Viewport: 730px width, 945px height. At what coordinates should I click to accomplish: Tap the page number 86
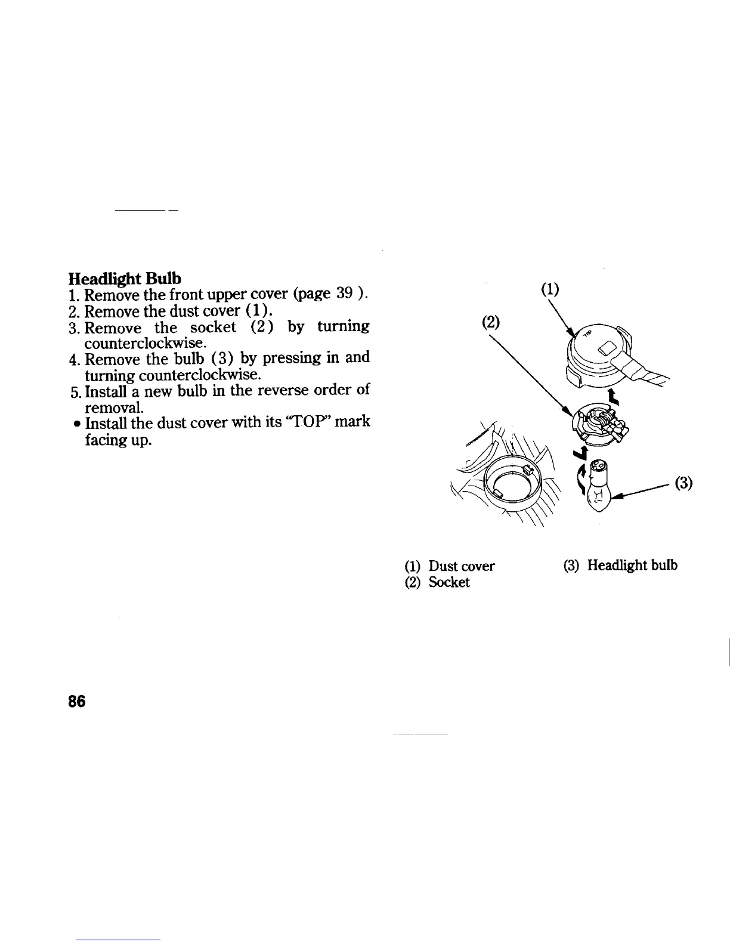click(x=77, y=701)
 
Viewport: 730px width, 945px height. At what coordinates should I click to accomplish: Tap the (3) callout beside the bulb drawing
click(x=683, y=483)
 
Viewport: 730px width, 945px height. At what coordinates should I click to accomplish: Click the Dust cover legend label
click(x=462, y=566)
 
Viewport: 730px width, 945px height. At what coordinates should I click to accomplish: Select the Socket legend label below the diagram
click(x=449, y=582)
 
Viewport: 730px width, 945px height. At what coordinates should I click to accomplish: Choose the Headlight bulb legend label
click(x=632, y=565)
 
